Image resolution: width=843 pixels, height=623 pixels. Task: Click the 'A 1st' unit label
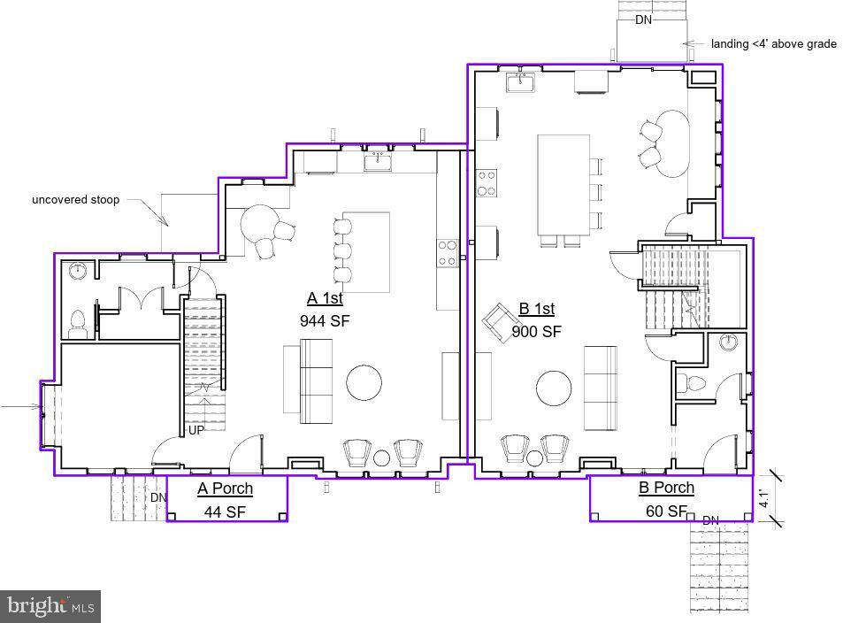[325, 297]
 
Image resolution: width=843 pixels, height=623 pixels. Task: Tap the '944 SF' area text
[325, 320]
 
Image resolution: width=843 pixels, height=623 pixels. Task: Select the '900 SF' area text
[537, 332]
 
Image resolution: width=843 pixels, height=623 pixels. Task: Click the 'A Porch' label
[225, 488]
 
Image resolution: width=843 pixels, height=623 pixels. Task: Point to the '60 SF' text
[665, 511]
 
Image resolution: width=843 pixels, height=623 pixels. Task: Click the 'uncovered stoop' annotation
[75, 200]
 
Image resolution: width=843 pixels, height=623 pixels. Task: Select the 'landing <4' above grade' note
[773, 43]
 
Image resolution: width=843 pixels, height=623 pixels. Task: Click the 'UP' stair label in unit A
[196, 431]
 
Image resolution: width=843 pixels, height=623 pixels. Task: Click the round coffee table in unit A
[364, 383]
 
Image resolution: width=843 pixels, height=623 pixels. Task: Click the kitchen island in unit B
[563, 184]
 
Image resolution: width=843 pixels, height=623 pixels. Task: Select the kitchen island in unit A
[366, 252]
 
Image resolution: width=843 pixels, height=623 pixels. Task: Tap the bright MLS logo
[50, 606]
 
